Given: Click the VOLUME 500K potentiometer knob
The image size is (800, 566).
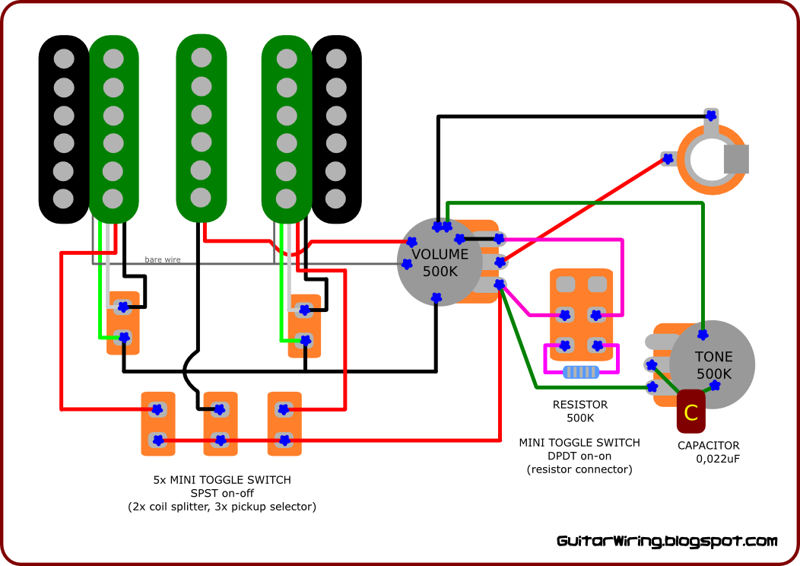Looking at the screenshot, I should click(x=439, y=262).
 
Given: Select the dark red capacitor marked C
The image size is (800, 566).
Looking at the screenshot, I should click(x=690, y=412).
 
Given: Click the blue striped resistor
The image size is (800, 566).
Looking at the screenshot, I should click(x=580, y=372).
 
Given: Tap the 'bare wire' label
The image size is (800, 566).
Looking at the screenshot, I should click(x=163, y=260).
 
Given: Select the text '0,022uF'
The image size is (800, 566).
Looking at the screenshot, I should click(x=718, y=459).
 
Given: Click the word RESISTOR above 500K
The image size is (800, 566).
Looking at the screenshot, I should click(x=580, y=405).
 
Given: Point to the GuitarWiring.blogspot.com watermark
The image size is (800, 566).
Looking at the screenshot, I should click(x=667, y=542).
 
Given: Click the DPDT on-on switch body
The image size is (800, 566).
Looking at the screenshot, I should click(x=581, y=313).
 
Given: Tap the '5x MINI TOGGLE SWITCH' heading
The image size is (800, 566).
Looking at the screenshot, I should click(x=221, y=480).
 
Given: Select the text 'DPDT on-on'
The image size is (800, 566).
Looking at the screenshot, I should click(x=579, y=456).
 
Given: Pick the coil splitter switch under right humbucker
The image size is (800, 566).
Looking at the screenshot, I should click(x=304, y=326).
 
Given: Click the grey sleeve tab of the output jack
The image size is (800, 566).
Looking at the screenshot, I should click(x=736, y=158).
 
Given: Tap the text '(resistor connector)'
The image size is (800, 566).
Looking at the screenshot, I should click(x=579, y=469).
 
